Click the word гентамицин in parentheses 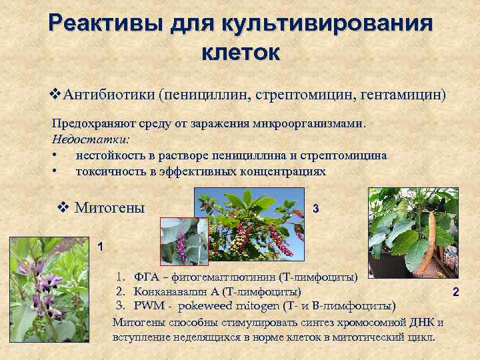(x=401, y=94)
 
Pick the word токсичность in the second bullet (x=109, y=171)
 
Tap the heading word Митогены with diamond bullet (x=109, y=207)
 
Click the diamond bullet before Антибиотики (x=56, y=94)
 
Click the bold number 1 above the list (x=100, y=247)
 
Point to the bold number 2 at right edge (x=456, y=292)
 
